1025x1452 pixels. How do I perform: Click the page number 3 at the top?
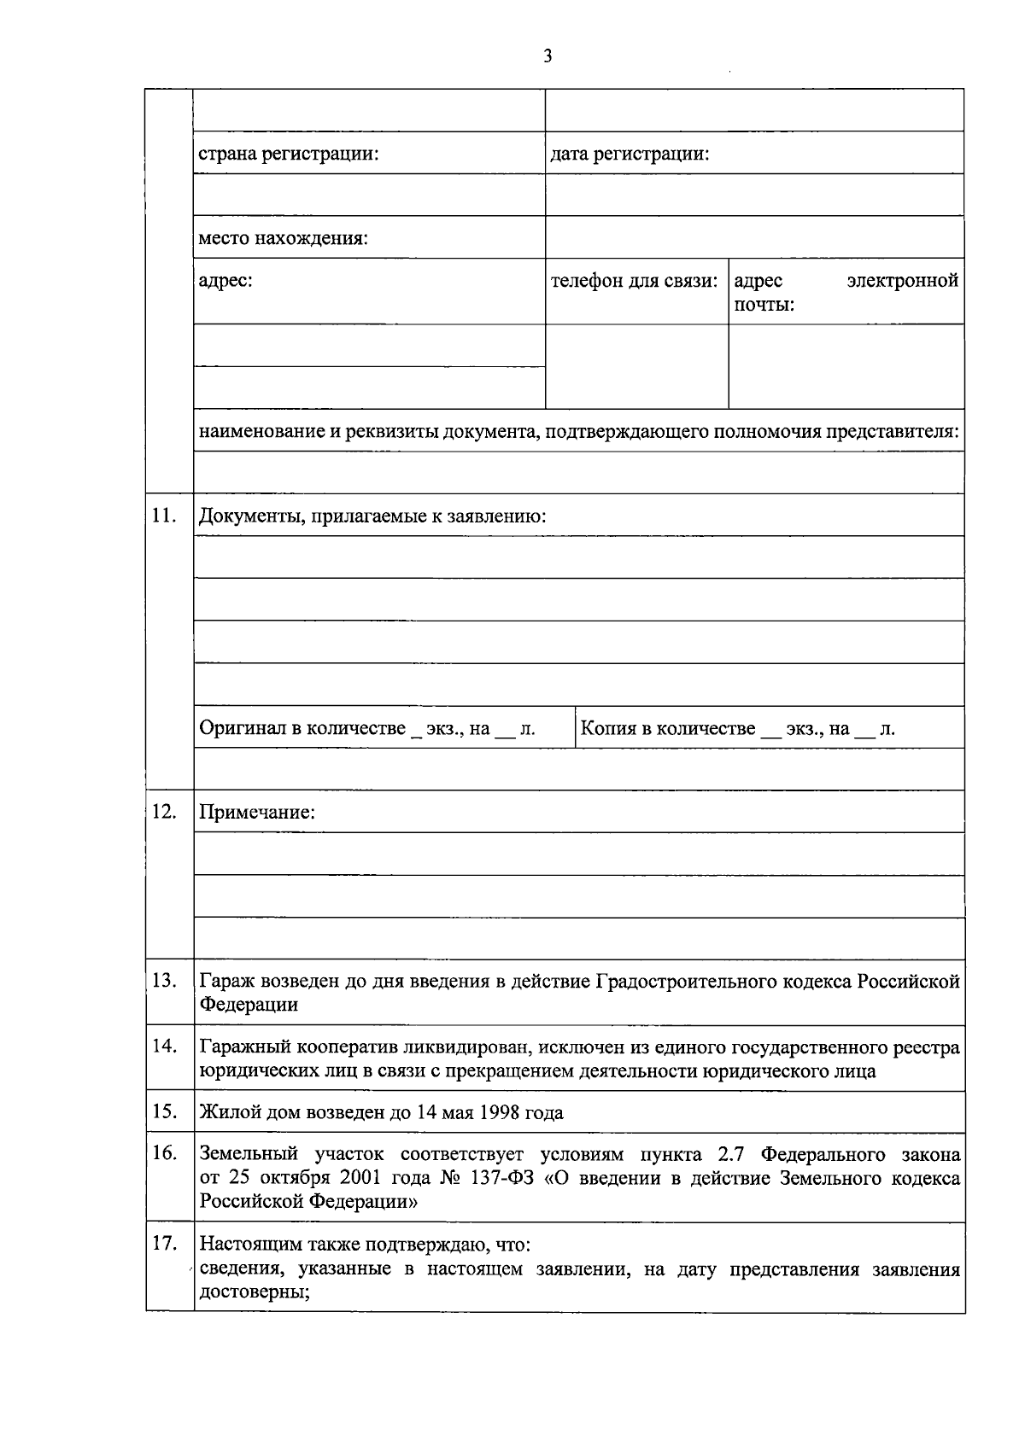(548, 57)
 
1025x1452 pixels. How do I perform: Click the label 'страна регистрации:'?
(289, 155)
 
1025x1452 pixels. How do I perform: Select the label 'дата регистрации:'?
(630, 155)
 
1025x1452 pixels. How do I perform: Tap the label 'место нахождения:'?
(283, 238)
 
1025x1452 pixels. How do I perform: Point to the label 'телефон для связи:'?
(634, 281)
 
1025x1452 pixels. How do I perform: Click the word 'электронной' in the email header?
(902, 281)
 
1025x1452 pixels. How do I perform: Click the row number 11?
(163, 515)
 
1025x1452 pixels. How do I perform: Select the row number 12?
(163, 811)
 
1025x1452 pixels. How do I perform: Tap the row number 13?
(163, 980)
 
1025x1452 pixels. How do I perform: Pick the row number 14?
(163, 1046)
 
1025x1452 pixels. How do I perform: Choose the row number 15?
(163, 1111)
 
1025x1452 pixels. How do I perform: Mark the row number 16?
(163, 1153)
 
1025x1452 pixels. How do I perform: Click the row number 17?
(163, 1243)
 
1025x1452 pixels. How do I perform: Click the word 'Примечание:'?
(257, 813)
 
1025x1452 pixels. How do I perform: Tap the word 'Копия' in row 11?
(608, 728)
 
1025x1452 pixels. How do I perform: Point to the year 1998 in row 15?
(495, 1113)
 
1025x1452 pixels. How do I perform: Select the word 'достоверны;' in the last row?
(254, 1292)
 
